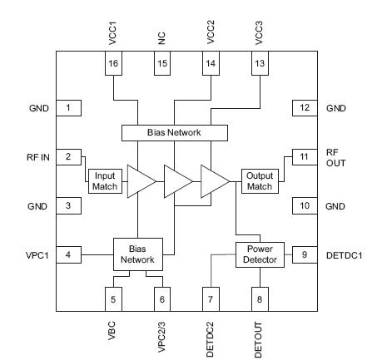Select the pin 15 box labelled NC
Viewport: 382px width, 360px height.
[x=163, y=63]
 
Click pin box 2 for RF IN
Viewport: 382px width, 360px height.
[x=69, y=155]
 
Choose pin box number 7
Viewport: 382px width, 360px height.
[x=211, y=297]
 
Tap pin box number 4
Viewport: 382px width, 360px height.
[x=69, y=254]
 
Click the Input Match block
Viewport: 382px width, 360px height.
[x=105, y=180]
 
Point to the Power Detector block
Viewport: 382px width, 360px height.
[x=260, y=254]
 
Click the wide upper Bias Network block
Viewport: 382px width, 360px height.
[x=174, y=132]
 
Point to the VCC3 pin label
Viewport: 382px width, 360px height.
[x=258, y=27]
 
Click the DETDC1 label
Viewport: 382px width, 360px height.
[x=344, y=254]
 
